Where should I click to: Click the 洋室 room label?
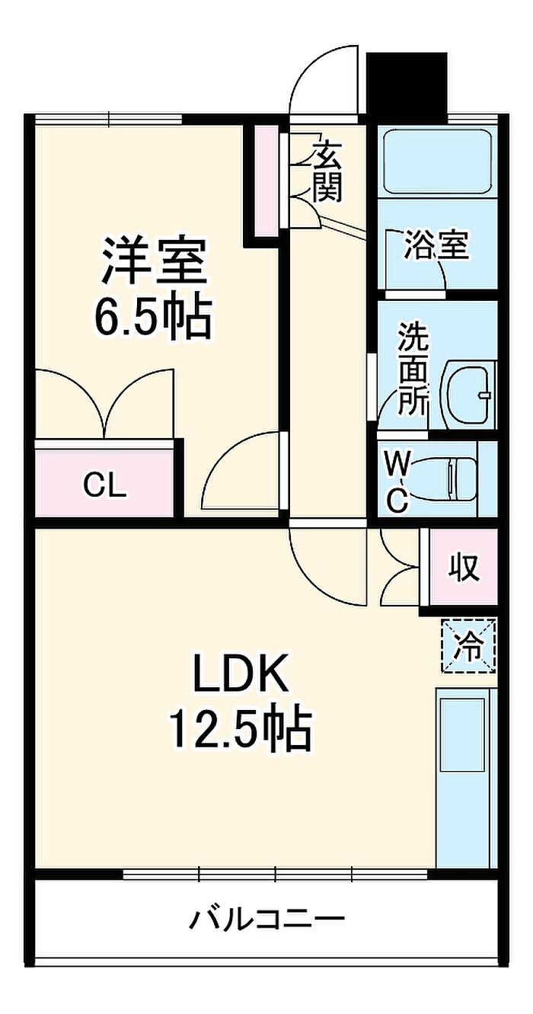(x=155, y=261)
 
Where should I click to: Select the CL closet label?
(x=104, y=487)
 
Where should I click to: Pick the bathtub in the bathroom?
(x=437, y=162)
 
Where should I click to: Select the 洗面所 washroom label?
(x=413, y=369)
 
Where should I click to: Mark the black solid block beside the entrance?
(x=407, y=87)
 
